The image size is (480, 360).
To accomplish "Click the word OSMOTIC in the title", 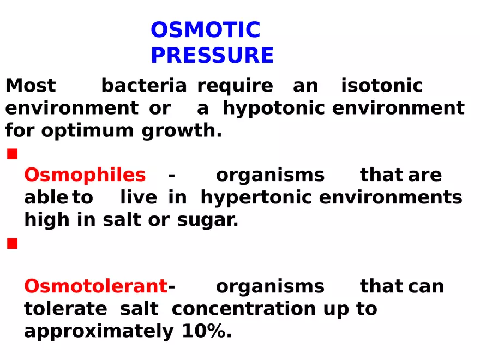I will click(205, 30).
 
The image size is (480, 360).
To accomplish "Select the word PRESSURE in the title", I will click(212, 56).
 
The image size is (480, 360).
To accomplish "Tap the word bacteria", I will click(144, 86).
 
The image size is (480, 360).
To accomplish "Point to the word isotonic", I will click(382, 86).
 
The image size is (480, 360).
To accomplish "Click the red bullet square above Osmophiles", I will click(12, 155).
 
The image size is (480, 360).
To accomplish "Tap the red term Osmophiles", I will click(85, 175).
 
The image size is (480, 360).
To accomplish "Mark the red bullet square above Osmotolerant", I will click(12, 244).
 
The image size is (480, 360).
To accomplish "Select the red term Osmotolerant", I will click(96, 286).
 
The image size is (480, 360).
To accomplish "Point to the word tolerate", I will click(65, 309).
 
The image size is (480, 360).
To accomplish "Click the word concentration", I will click(244, 309).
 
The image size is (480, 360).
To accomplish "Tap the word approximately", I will click(99, 332).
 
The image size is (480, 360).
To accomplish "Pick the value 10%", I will click(203, 331).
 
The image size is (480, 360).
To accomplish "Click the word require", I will click(235, 86).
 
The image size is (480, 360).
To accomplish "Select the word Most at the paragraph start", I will click(31, 86).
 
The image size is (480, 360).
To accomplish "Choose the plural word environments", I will click(391, 197).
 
